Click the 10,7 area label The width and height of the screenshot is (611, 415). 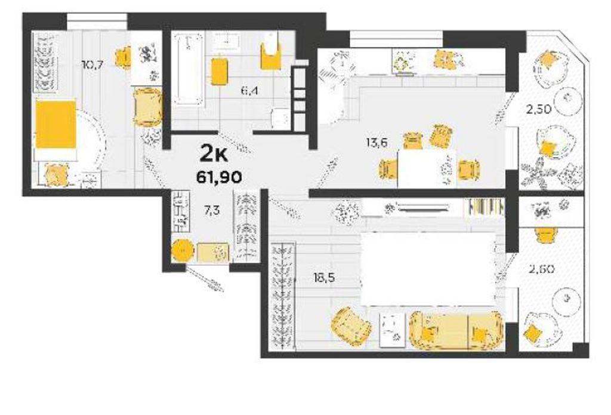coord(92,64)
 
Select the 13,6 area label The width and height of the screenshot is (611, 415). coord(377,143)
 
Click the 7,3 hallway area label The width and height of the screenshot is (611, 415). coord(212,211)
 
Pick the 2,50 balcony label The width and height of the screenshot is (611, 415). coord(539,109)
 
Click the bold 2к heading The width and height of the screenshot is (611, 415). coord(214,153)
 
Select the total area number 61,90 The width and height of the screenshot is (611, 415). coord(219,177)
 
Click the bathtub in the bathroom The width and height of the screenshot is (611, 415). coord(189,70)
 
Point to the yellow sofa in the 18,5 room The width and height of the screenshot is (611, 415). coord(456,330)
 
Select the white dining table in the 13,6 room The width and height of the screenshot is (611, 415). coord(427,168)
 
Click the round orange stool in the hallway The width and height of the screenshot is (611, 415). coord(182,251)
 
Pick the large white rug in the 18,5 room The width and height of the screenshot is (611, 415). coord(428,269)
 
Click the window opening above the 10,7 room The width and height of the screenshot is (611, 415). coord(97,21)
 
